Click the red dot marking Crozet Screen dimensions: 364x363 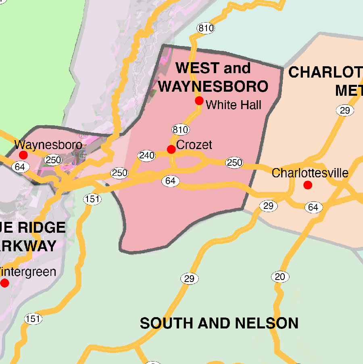(x=171, y=149)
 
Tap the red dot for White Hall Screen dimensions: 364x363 (x=199, y=101)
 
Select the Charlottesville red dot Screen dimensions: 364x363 (x=308, y=185)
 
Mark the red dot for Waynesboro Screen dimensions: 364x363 (x=23, y=155)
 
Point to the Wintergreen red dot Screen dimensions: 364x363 (x=4, y=283)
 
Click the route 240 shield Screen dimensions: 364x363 (x=146, y=156)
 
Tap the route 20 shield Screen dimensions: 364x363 (x=280, y=277)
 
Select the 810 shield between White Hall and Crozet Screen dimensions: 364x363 (x=180, y=130)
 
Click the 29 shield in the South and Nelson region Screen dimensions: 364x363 (x=189, y=278)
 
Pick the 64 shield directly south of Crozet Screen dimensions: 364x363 (x=171, y=181)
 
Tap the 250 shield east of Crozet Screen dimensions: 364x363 (x=234, y=162)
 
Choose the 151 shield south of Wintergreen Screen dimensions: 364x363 (x=33, y=319)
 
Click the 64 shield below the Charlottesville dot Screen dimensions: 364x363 (x=313, y=208)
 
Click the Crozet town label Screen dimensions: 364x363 (x=194, y=145)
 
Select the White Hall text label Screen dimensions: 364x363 (x=234, y=105)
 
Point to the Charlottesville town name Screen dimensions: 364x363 (x=310, y=173)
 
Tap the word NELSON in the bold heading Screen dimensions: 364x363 (x=267, y=323)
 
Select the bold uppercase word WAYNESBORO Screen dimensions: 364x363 (x=213, y=86)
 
